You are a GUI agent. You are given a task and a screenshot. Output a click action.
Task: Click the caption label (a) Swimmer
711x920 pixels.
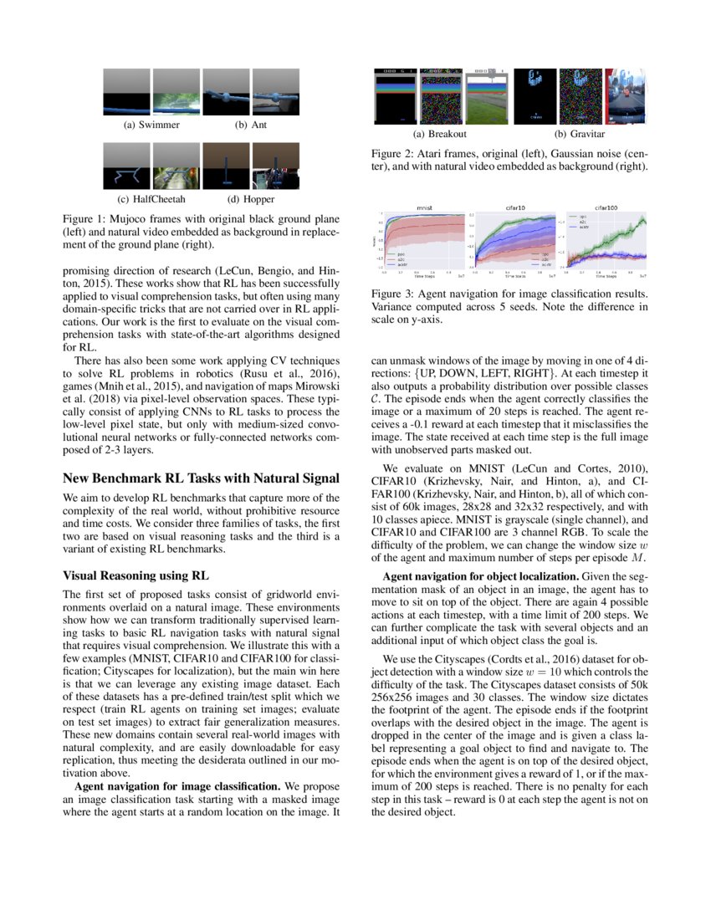pos(151,125)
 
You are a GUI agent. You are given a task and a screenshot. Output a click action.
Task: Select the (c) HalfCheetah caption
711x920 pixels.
pos(151,199)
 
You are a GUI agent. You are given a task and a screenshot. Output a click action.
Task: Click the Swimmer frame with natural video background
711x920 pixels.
pos(176,92)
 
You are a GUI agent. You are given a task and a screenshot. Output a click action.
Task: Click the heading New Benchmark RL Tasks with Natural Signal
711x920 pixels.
pos(202,478)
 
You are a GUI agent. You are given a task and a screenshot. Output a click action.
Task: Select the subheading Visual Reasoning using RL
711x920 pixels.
pos(136,575)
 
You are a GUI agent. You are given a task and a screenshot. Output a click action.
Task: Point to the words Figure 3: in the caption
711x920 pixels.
pos(396,294)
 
